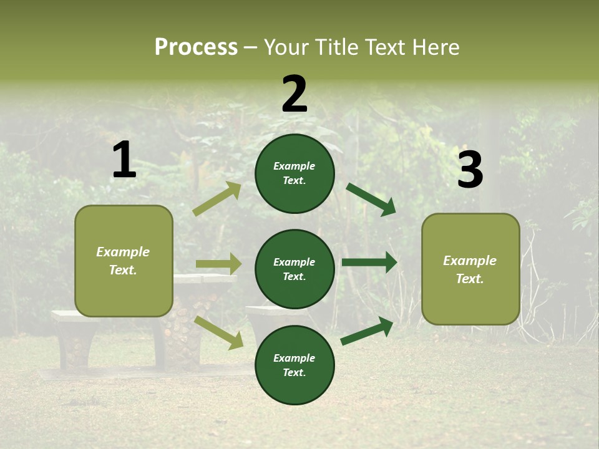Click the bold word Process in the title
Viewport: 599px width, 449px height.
196,47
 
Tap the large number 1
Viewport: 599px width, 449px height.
124,160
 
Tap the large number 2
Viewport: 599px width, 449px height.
295,94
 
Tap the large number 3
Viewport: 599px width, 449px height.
470,170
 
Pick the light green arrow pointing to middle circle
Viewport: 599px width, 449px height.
218,264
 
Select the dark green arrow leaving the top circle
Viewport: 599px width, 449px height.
371,199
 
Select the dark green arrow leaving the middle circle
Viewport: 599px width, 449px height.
369,263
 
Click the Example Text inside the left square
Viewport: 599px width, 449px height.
123,261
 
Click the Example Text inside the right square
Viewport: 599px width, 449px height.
470,269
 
